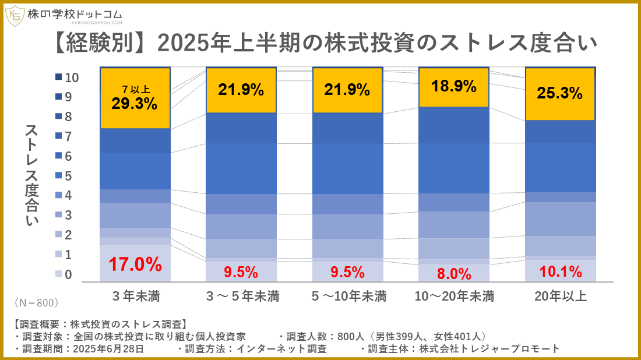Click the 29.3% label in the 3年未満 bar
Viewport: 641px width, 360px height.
135,104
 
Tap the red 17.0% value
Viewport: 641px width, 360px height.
135,264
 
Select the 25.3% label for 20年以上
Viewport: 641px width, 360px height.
560,93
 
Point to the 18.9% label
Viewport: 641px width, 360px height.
454,86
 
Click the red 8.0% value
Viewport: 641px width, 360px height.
454,273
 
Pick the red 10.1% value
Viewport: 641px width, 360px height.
561,271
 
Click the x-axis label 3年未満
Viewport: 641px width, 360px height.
135,296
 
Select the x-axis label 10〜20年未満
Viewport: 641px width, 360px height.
454,296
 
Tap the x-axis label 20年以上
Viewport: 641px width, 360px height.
561,296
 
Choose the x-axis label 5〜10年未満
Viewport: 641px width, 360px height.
348,296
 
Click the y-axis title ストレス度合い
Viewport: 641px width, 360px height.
31,175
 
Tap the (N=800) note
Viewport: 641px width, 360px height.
36,303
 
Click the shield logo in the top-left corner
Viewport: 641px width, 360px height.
15,16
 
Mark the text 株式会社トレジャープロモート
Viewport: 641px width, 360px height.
489,349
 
